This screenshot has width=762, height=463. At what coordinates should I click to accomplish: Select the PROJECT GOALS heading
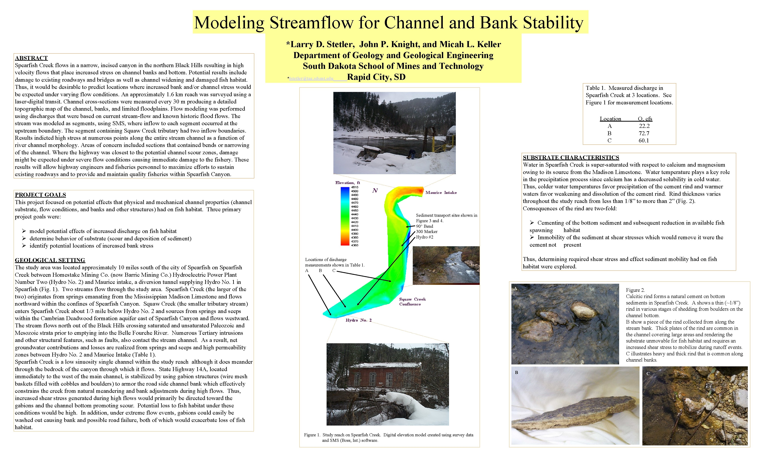pos(40,195)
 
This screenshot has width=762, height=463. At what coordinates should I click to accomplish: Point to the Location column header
pos(610,119)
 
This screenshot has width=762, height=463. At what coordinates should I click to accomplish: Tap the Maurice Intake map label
pos(441,193)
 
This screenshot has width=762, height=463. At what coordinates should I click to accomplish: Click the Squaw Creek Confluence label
pos(412,302)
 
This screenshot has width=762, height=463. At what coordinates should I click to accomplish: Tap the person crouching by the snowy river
pos(412,154)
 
